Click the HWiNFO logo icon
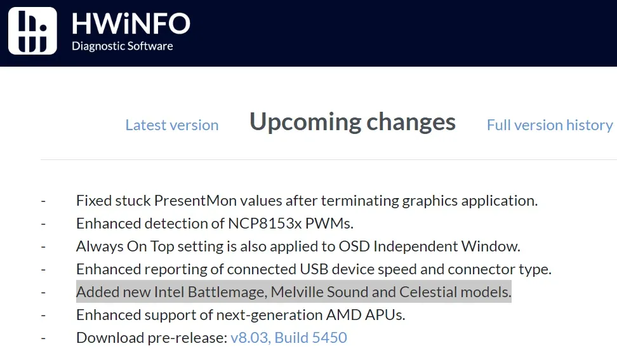[32, 30]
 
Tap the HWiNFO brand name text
[131, 23]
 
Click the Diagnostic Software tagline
[123, 46]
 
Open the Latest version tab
[172, 125]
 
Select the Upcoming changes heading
[352, 122]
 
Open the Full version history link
[550, 125]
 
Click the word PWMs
[329, 223]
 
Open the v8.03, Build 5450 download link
[289, 338]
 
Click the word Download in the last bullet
[110, 338]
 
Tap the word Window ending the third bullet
[491, 246]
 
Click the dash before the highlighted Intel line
[43, 292]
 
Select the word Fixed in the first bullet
[91, 201]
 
